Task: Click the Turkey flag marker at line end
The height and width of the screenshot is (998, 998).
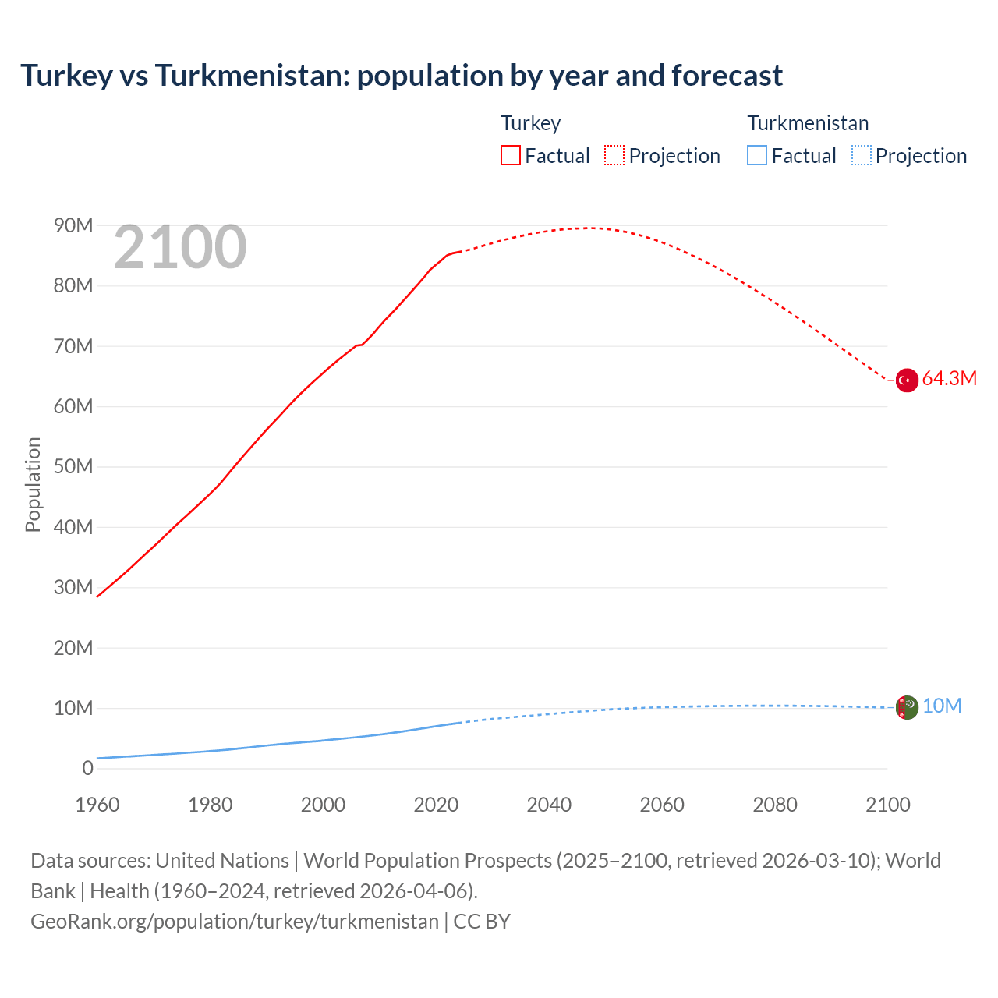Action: pos(907,380)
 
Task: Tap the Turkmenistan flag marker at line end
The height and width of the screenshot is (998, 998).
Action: pos(907,708)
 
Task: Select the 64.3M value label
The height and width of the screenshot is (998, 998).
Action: pos(949,379)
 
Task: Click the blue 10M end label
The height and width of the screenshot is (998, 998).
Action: pos(942,706)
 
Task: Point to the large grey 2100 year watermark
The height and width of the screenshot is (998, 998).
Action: pos(180,248)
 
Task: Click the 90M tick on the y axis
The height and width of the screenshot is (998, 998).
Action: pos(73,226)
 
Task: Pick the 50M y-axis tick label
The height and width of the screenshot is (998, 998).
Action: pos(73,467)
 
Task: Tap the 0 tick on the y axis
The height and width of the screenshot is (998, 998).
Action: pos(87,769)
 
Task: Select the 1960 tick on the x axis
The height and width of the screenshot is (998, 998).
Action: pos(97,805)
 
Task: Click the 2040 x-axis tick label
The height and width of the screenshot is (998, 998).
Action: pos(549,805)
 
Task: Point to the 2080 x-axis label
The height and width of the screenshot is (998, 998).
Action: pos(775,805)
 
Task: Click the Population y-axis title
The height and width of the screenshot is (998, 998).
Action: pos(33,484)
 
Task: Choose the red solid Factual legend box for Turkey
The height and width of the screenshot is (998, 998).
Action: pos(511,155)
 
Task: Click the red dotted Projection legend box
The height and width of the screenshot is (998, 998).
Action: pos(614,155)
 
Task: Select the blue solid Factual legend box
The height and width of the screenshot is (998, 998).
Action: pos(757,155)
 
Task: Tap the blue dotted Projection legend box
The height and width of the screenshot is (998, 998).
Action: pos(861,155)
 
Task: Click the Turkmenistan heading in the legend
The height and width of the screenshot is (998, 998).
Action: pos(808,123)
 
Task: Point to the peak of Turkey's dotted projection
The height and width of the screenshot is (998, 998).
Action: pos(589,228)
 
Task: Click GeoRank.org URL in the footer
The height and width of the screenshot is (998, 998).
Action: pos(235,922)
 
